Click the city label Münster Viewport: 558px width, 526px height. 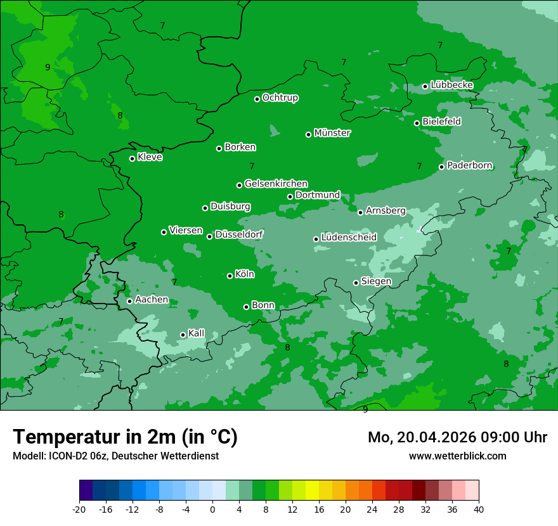[x=332, y=133]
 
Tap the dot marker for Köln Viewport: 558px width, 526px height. [x=230, y=276]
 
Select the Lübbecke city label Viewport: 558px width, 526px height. [x=451, y=85]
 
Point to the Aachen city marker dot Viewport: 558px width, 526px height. [x=129, y=301]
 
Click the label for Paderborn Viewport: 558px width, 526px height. [x=470, y=165]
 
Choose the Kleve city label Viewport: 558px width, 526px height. [x=150, y=157]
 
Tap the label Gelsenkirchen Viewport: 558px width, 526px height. [x=276, y=184]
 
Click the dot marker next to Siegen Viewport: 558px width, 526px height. [x=356, y=283]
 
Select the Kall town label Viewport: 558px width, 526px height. [x=197, y=333]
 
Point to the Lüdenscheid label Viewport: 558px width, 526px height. [x=349, y=238]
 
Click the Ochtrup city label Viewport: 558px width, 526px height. [x=280, y=98]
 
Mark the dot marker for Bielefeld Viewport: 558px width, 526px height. [x=417, y=123]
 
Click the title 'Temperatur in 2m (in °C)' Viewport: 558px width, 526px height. [x=126, y=437]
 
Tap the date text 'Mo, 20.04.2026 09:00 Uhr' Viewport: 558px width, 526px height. [x=457, y=437]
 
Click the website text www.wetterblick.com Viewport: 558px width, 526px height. [x=457, y=456]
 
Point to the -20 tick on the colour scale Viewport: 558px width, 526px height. [x=79, y=509]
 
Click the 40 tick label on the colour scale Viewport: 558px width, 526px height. [x=479, y=509]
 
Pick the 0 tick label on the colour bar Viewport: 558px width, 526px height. [x=212, y=509]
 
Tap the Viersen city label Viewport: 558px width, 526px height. [x=186, y=231]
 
